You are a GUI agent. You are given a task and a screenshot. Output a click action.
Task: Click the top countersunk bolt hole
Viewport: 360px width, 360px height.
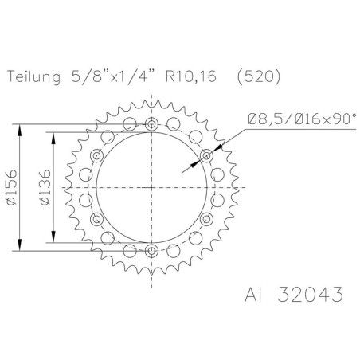pyautogui.click(x=152, y=124)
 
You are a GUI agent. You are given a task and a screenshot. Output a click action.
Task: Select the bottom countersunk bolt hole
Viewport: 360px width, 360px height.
pyautogui.click(x=152, y=250)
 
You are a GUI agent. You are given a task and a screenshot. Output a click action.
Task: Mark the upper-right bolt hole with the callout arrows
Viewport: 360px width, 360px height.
pyautogui.click(x=206, y=155)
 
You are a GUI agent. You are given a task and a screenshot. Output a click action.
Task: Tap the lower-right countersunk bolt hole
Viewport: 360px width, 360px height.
pyautogui.click(x=206, y=218)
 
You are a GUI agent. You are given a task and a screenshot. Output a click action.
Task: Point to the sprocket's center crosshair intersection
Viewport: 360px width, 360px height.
pyautogui.click(x=152, y=187)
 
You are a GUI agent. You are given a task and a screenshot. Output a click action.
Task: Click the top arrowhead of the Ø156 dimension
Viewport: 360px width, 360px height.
pyautogui.click(x=20, y=125)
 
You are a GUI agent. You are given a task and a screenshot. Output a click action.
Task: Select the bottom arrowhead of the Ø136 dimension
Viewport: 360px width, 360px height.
pyautogui.click(x=53, y=241)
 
